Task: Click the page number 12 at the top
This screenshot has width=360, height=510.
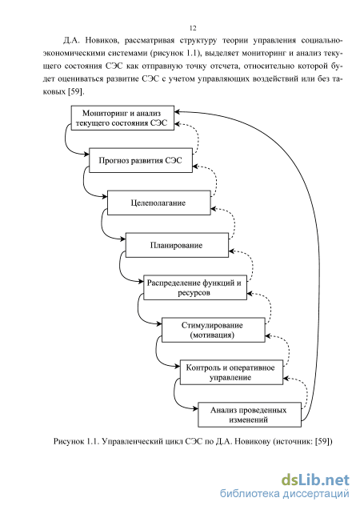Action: click(x=193, y=28)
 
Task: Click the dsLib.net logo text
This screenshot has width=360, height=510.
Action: click(x=315, y=480)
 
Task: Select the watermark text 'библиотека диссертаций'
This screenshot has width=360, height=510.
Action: click(x=285, y=493)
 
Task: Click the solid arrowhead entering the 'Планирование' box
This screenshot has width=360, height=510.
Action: click(x=123, y=239)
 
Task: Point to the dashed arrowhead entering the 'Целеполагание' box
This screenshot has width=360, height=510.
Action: click(x=214, y=209)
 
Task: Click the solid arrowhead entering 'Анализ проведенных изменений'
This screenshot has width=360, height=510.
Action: click(x=195, y=409)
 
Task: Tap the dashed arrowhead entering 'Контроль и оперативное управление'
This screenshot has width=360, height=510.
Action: click(x=286, y=378)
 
